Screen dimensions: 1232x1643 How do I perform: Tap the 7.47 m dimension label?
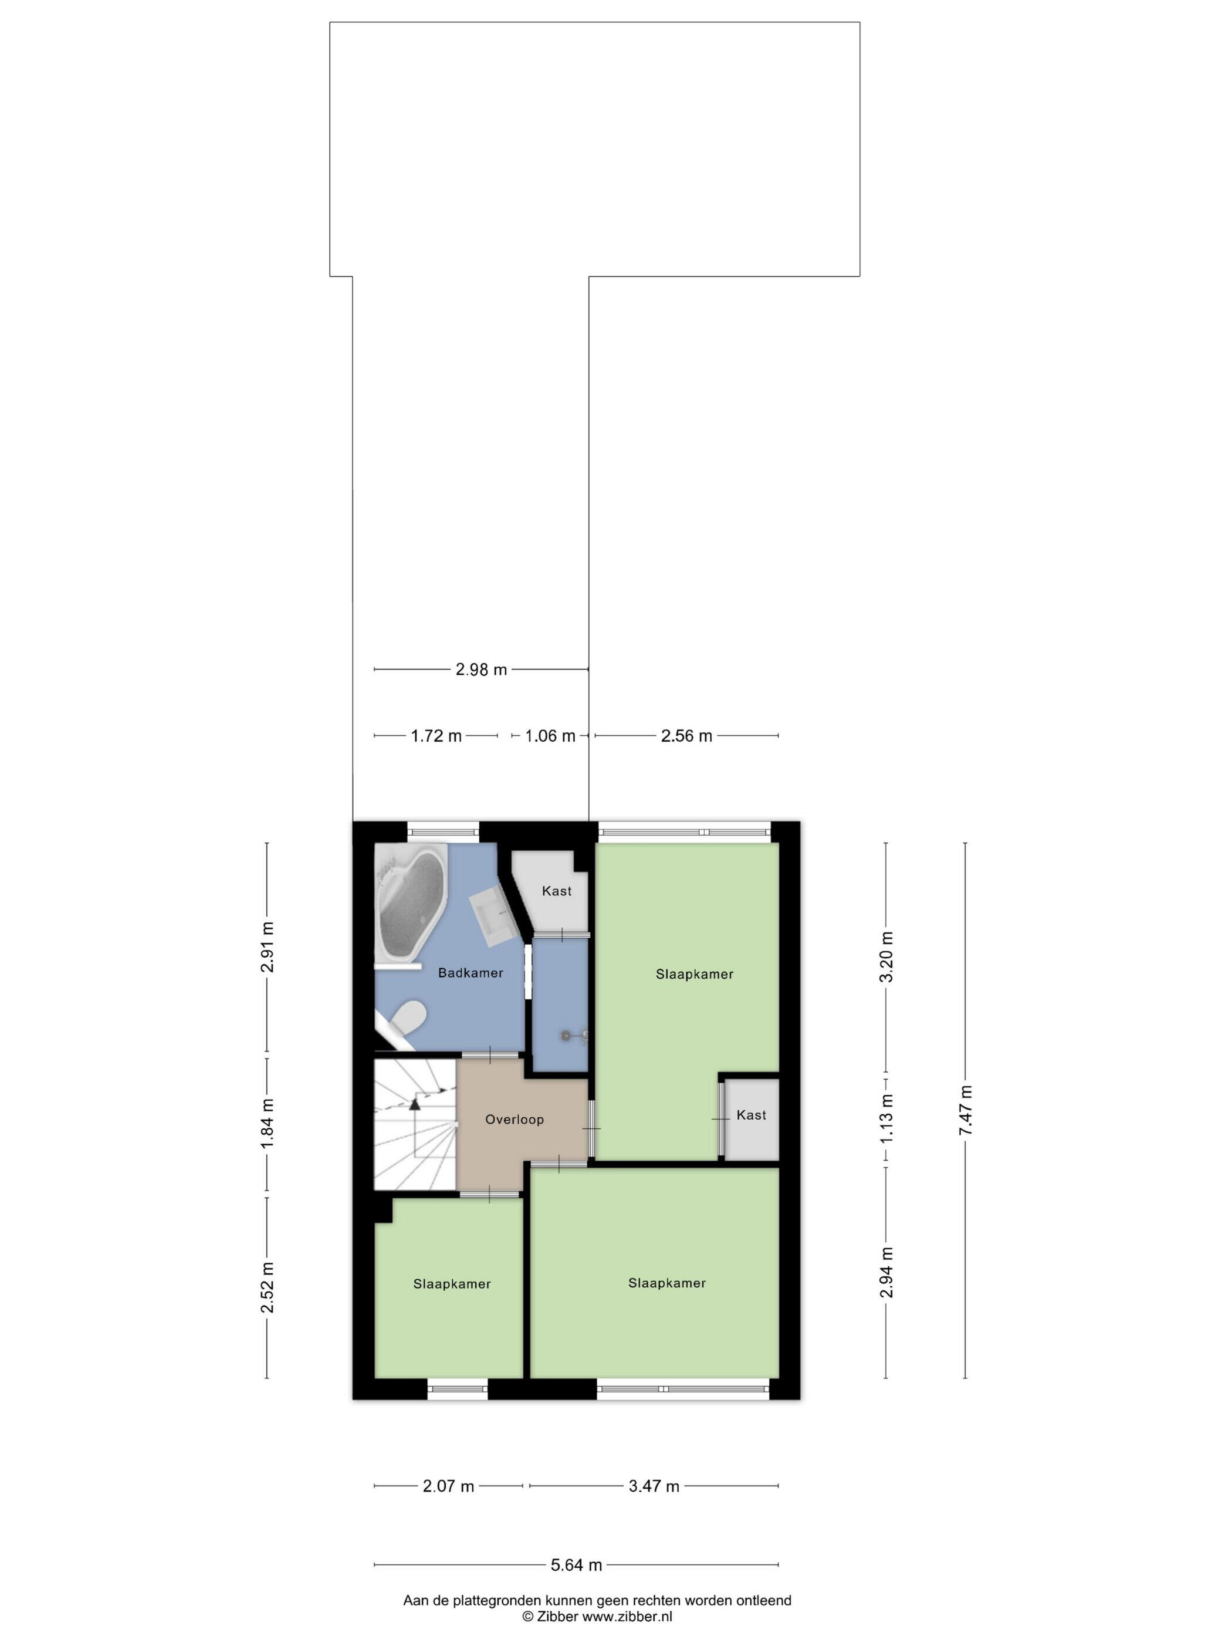[966, 1110]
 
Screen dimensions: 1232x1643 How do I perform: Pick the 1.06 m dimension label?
[550, 735]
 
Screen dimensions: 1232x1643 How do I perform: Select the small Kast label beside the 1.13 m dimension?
[752, 1115]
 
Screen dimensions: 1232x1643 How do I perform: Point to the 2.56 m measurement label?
[687, 735]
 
